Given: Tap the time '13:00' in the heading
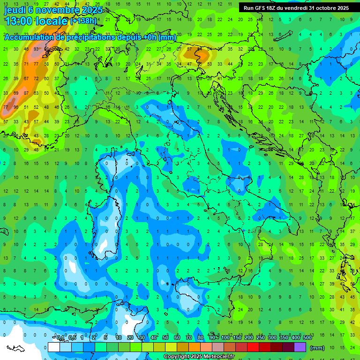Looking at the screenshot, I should point(19,21).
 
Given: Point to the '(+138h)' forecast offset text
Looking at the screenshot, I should point(85,21).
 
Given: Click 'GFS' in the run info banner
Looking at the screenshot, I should point(261,8).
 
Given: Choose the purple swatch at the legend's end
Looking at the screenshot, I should point(300,347).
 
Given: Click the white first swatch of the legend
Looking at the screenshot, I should point(54,347).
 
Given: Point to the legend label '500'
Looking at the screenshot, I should point(307,338).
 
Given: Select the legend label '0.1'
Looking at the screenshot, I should point(60,338).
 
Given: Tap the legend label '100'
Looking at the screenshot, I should point(225,338).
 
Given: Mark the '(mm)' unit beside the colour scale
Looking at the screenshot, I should point(317,348).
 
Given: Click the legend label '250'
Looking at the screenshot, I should point(261,338).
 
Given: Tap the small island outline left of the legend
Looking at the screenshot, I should point(15,348).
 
